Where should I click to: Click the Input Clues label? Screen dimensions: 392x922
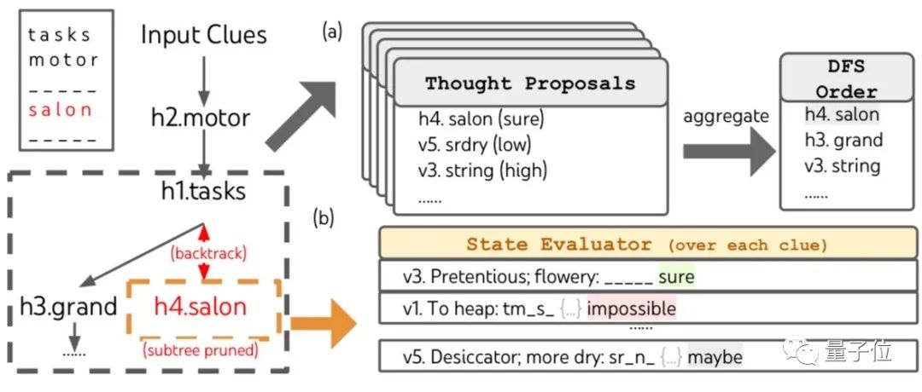click(x=204, y=35)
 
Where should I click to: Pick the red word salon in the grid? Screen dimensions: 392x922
click(x=60, y=109)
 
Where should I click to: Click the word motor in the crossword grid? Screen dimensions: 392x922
click(x=63, y=61)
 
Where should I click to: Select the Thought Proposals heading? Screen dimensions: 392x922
click(x=530, y=84)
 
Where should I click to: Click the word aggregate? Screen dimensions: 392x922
click(x=724, y=116)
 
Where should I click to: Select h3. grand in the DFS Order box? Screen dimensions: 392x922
click(x=841, y=140)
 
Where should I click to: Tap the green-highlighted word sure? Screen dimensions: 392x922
click(x=676, y=277)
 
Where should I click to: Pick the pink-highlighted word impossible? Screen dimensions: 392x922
click(x=632, y=308)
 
